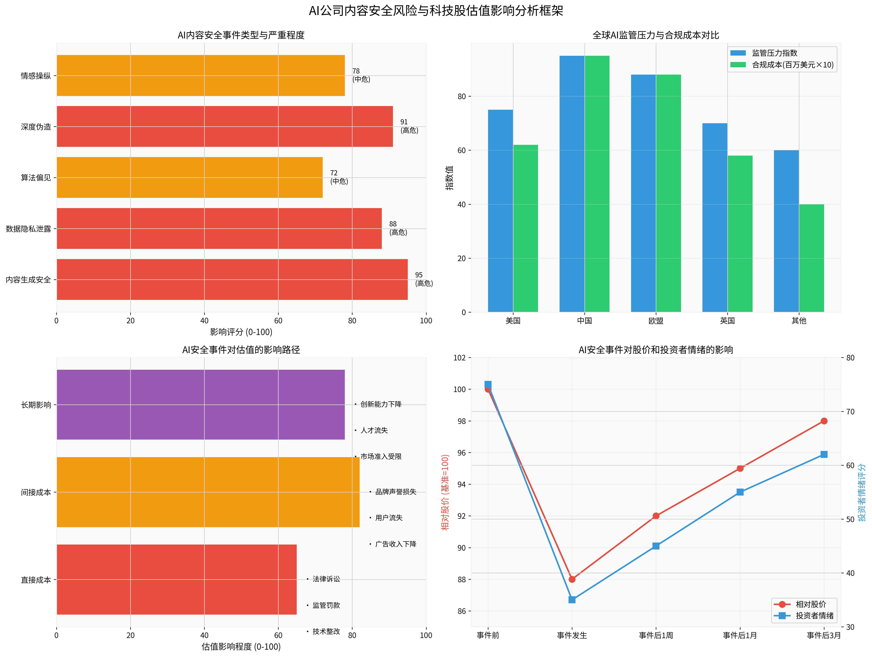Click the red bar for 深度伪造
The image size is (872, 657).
(x=225, y=127)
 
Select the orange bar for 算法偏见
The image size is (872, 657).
(x=189, y=177)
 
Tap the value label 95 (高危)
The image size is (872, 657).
(x=424, y=279)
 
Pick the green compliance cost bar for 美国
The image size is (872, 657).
(x=526, y=229)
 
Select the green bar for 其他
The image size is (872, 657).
(x=811, y=258)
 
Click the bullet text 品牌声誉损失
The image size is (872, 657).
(x=395, y=492)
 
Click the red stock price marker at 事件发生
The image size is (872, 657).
(x=572, y=579)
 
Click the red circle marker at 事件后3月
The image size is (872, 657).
(x=824, y=421)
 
